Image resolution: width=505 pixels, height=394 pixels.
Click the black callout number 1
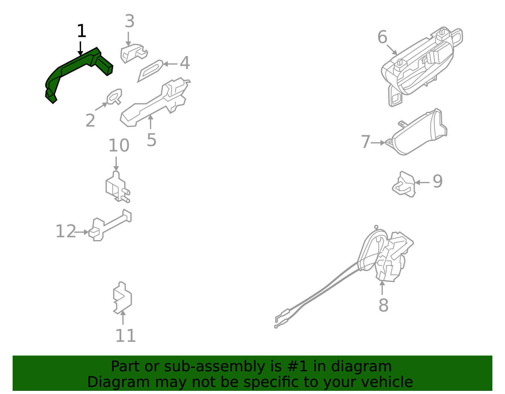[x=81, y=32]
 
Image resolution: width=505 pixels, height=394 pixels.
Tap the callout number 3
[x=129, y=21]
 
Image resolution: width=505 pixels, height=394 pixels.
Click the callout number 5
[x=151, y=140]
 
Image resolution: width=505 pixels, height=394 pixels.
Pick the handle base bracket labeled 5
[x=155, y=103]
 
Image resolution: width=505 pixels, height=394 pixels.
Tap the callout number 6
[x=382, y=37]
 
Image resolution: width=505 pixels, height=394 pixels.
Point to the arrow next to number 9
[x=422, y=182]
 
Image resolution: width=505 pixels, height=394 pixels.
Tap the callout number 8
[x=383, y=305]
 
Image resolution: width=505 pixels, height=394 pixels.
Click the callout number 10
[x=119, y=146]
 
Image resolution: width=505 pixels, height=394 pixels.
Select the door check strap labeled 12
[x=110, y=226]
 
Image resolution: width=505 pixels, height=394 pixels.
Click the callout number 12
[x=66, y=232]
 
